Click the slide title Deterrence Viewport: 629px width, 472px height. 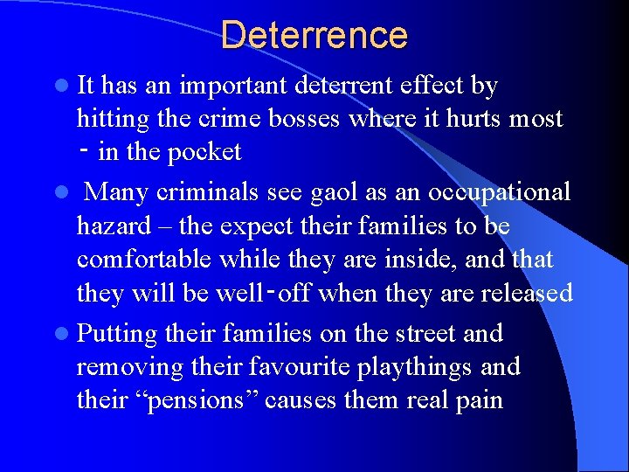[314, 35]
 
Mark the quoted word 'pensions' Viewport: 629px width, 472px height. [196, 401]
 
